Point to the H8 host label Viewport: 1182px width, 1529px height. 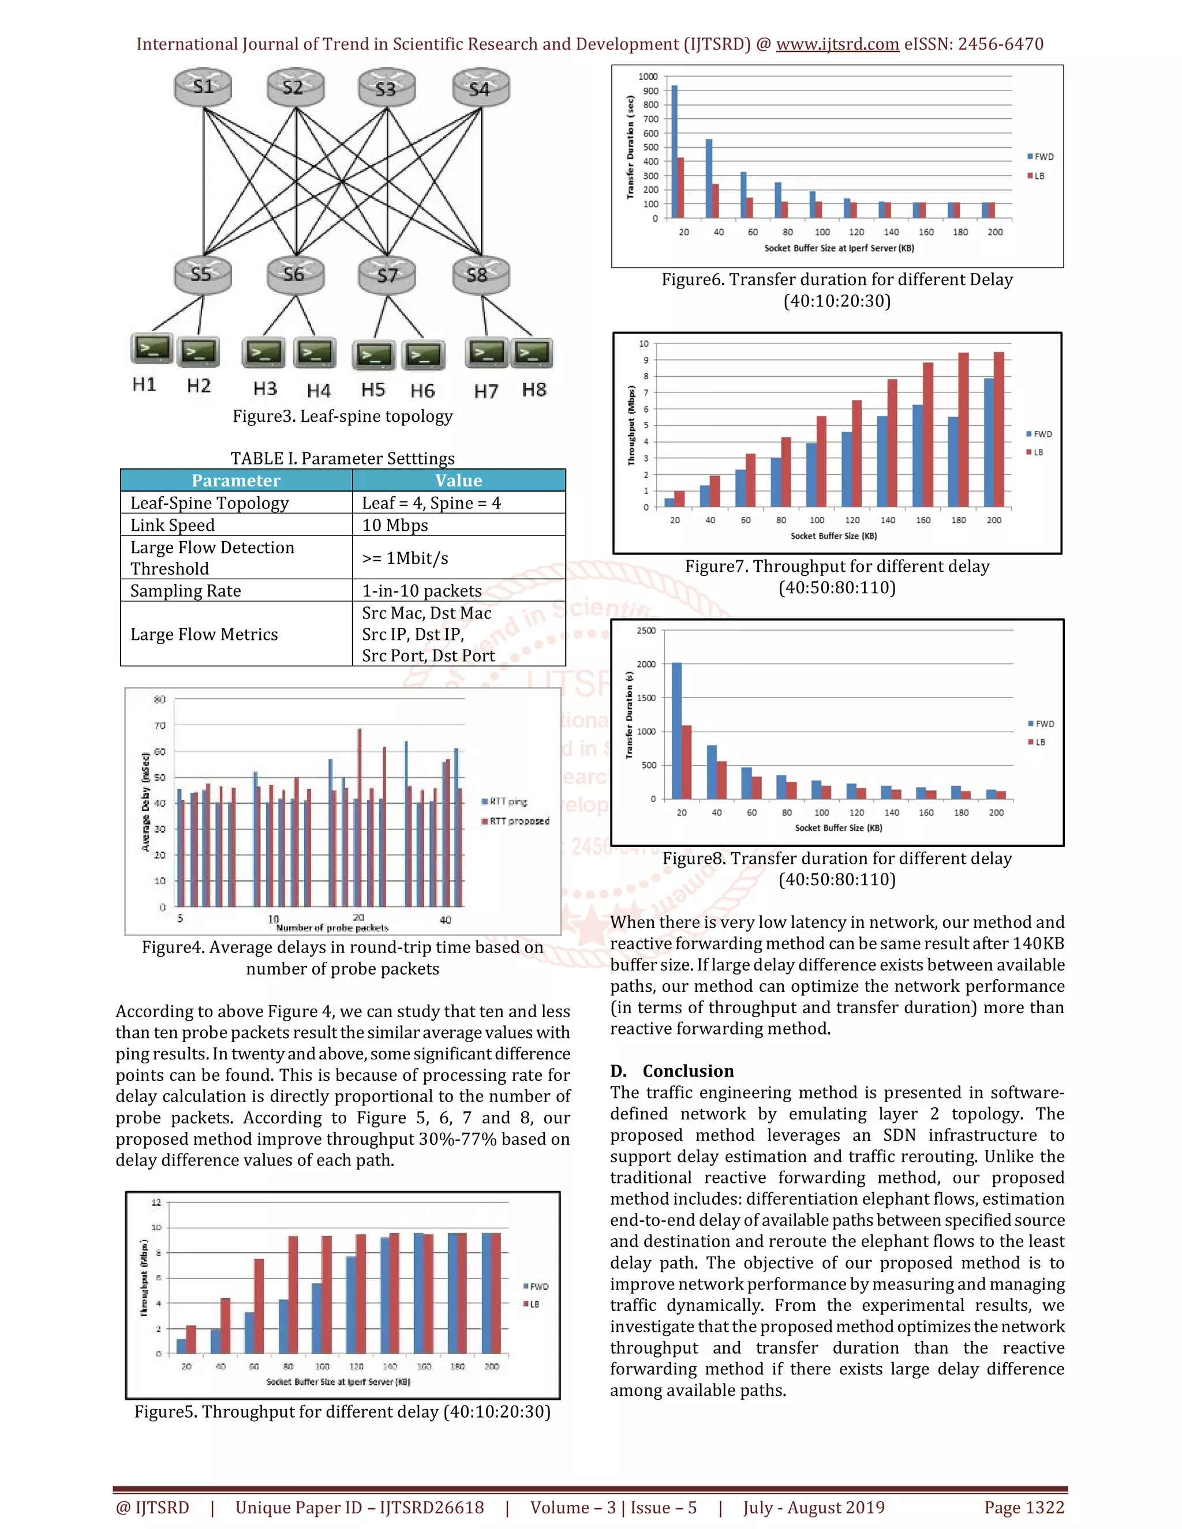[x=534, y=390]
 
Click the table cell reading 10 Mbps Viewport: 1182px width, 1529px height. [x=395, y=525]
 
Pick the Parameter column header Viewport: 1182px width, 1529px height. [x=236, y=480]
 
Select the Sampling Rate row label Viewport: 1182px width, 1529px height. [x=186, y=590]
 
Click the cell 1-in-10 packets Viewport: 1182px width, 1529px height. [x=421, y=590]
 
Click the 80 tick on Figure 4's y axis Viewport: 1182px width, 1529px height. [x=160, y=699]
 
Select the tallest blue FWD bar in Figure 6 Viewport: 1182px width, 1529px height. [x=674, y=151]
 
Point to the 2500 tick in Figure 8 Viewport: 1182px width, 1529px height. [x=646, y=631]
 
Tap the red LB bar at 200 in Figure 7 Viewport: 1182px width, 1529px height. [x=998, y=429]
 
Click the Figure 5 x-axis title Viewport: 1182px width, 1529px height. [x=338, y=1382]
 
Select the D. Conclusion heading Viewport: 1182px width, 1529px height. [x=672, y=1070]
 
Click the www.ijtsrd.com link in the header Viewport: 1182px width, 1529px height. [x=837, y=44]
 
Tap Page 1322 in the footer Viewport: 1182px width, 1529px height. [x=1024, y=1507]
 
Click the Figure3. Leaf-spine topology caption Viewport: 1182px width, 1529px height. [x=342, y=416]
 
